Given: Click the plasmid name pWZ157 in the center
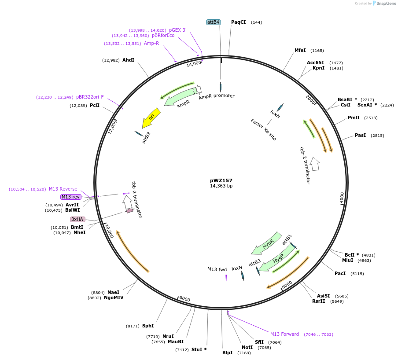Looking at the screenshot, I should pyautogui.click(x=221, y=180).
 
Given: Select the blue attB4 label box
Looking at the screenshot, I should pyautogui.click(x=214, y=22).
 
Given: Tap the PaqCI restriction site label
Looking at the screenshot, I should pyautogui.click(x=238, y=22).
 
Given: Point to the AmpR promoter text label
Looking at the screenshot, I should pyautogui.click(x=216, y=96).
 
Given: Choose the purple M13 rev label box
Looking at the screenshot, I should pyautogui.click(x=70, y=197).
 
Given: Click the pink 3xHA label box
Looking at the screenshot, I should pyautogui.click(x=77, y=219).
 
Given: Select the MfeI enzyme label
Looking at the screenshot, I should pyautogui.click(x=300, y=51).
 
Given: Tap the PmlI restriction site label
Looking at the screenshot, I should pyautogui.click(x=354, y=118).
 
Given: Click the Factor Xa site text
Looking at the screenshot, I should pyautogui.click(x=263, y=129).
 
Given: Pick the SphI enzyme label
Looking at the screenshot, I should pyautogui.click(x=148, y=326).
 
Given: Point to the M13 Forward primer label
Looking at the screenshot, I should pyautogui.click(x=284, y=334).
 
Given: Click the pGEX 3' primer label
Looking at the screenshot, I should pyautogui.click(x=178, y=30).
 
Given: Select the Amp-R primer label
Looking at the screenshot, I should pyautogui.click(x=151, y=43).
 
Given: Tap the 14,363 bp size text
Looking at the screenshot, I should pyautogui.click(x=221, y=186).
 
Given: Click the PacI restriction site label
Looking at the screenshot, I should pyautogui.click(x=340, y=273).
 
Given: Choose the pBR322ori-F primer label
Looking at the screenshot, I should pyautogui.click(x=90, y=97).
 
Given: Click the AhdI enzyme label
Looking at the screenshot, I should pyautogui.click(x=129, y=60).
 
